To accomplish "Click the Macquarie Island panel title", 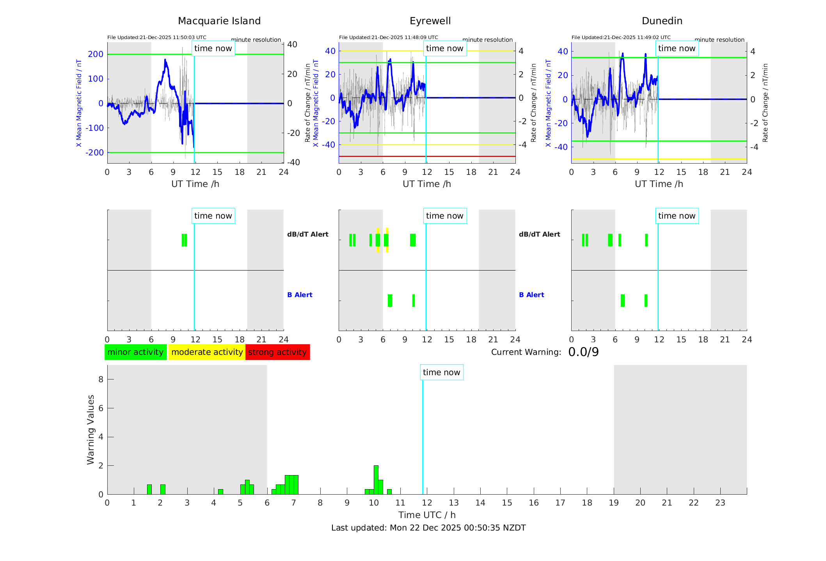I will point(219,21).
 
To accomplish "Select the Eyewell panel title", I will point(430,21).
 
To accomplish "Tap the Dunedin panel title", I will point(662,21).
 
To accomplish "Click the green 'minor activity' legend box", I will point(135,352).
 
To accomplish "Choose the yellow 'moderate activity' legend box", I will point(207,352).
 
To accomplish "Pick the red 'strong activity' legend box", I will point(277,352).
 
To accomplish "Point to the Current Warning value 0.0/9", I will point(583,352).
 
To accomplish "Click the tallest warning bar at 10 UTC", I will point(376,479).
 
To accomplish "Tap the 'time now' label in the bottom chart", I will point(441,372).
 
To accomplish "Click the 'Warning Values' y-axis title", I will point(91,429).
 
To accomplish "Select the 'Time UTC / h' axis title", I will point(427,515).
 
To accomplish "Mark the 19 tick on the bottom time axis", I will point(614,503).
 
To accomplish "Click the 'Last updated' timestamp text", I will point(428,528).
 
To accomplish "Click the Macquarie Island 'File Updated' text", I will point(157,37).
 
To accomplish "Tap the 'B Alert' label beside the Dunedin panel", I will point(531,295).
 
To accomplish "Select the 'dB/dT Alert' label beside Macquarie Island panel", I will point(307,234).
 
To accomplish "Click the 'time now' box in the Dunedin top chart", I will point(677,48).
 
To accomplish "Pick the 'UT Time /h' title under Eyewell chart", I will point(427,184).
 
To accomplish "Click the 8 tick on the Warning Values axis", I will point(101,379).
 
